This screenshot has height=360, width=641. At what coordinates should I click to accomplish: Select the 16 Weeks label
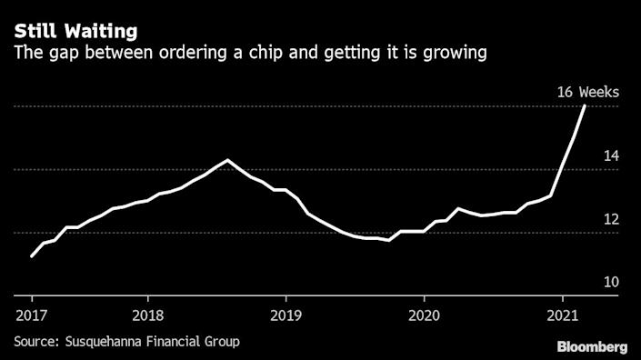tap(588, 91)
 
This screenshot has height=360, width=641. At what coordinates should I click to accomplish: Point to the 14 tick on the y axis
tap(611, 156)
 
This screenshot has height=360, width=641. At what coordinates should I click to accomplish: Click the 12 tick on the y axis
tap(611, 219)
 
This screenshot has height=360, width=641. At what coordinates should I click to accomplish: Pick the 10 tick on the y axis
tap(611, 282)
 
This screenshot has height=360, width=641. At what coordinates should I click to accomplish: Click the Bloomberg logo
tap(592, 346)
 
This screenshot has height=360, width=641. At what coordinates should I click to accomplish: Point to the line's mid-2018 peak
tap(227, 160)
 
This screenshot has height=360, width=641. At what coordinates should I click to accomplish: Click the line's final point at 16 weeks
tap(585, 106)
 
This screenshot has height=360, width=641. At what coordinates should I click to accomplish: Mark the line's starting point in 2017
tap(32, 256)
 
